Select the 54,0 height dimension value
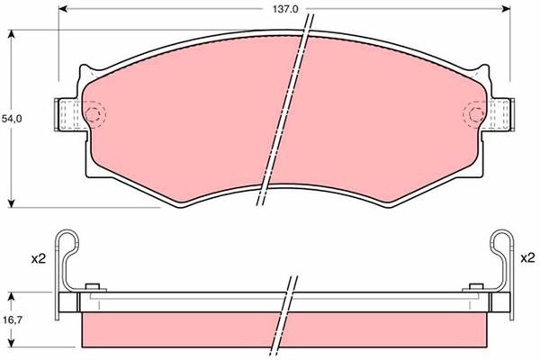[11, 118]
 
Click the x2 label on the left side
[38, 258]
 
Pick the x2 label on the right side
[527, 258]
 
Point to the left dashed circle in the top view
[95, 113]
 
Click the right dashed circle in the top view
[475, 113]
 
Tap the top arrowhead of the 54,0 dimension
[12, 33]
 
